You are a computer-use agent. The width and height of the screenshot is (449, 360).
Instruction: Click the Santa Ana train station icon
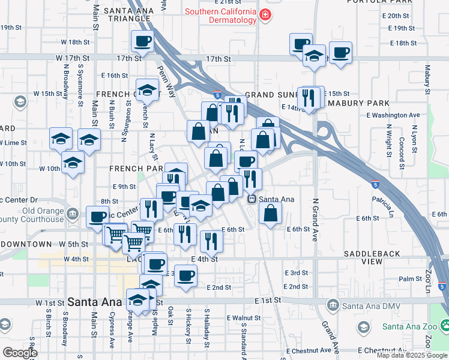pyautogui.click(x=253, y=199)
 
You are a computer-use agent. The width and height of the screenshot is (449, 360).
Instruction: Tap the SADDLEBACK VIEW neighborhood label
pyautogui.click(x=372, y=258)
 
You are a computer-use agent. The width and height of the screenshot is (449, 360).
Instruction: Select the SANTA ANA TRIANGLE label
pyautogui.click(x=125, y=15)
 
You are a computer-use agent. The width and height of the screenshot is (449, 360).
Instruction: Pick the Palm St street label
pyautogui.click(x=411, y=279)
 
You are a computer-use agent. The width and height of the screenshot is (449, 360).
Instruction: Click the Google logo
pyautogui.click(x=20, y=353)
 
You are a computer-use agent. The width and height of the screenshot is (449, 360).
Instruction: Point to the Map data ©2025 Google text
pyautogui.click(x=412, y=355)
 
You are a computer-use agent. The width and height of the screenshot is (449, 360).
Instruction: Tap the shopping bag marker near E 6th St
pyautogui.click(x=271, y=212)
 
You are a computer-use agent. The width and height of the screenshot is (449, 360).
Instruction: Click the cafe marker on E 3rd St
pyautogui.click(x=186, y=275)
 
